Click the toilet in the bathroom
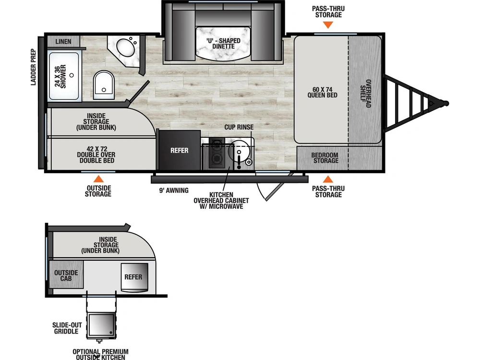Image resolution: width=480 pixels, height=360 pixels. click(104, 85)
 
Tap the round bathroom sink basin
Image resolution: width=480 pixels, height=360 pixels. click(126, 47)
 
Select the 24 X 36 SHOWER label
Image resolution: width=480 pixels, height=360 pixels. click(60, 76)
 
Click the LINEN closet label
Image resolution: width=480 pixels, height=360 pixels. click(63, 41)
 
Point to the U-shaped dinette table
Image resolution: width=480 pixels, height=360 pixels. click(223, 44)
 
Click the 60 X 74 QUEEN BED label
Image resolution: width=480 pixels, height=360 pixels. click(323, 92)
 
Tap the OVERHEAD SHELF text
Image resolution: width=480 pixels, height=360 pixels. click(365, 94)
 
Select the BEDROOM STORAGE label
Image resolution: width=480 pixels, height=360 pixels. click(325, 157)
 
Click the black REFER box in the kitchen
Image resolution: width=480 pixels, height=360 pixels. click(180, 150)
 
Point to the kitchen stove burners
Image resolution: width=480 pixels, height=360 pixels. click(217, 153)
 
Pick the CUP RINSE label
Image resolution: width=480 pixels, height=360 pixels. click(239, 127)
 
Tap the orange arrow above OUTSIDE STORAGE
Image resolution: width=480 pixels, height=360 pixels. click(98, 179)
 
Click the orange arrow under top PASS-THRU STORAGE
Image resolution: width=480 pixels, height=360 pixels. click(328, 25)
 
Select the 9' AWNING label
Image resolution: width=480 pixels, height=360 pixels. click(174, 191)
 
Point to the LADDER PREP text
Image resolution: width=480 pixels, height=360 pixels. click(34, 67)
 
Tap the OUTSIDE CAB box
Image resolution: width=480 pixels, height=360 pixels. click(66, 275)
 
